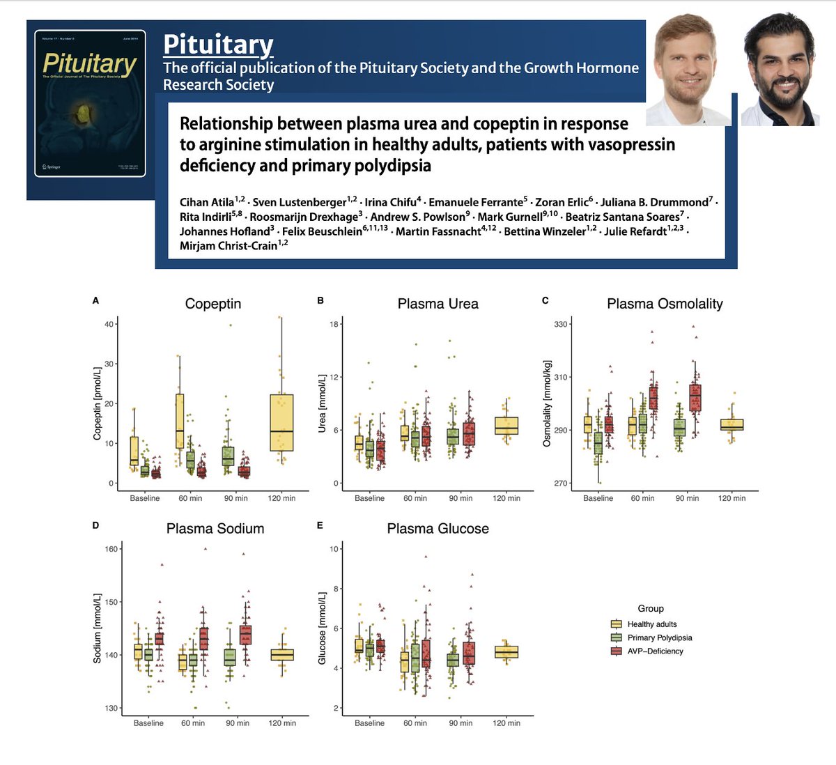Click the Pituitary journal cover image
(x=90, y=103)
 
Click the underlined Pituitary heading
(x=218, y=45)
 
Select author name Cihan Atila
(x=207, y=202)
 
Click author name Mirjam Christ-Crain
(x=229, y=245)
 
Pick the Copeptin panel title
(x=213, y=304)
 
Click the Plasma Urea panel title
(x=438, y=304)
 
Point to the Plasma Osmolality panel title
(x=665, y=304)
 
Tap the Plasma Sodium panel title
(x=215, y=529)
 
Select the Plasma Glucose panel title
(x=438, y=529)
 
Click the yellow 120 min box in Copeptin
(x=281, y=423)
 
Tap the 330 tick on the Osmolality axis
(x=562, y=324)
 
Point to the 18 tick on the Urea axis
(x=334, y=324)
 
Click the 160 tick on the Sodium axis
(x=111, y=549)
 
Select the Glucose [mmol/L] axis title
(x=322, y=628)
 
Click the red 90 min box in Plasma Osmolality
(x=695, y=398)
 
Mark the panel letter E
(x=320, y=525)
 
